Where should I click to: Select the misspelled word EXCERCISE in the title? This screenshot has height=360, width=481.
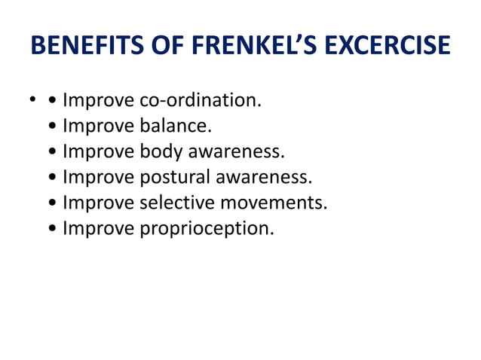pyautogui.click(x=388, y=47)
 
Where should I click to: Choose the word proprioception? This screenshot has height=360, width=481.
pyautogui.click(x=207, y=228)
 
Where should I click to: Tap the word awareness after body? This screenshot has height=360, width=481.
pyautogui.click(x=236, y=151)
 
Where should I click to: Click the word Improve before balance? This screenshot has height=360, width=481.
pyautogui.click(x=99, y=125)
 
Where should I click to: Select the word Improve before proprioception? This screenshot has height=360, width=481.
pyautogui.click(x=99, y=227)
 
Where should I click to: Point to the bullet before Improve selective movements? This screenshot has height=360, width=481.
pyautogui.click(x=51, y=203)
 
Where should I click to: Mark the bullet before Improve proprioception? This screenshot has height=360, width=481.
pyautogui.click(x=51, y=229)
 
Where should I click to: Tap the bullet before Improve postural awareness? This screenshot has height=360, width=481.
pyautogui.click(x=51, y=178)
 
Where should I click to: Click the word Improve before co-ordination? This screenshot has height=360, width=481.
pyautogui.click(x=99, y=99)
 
